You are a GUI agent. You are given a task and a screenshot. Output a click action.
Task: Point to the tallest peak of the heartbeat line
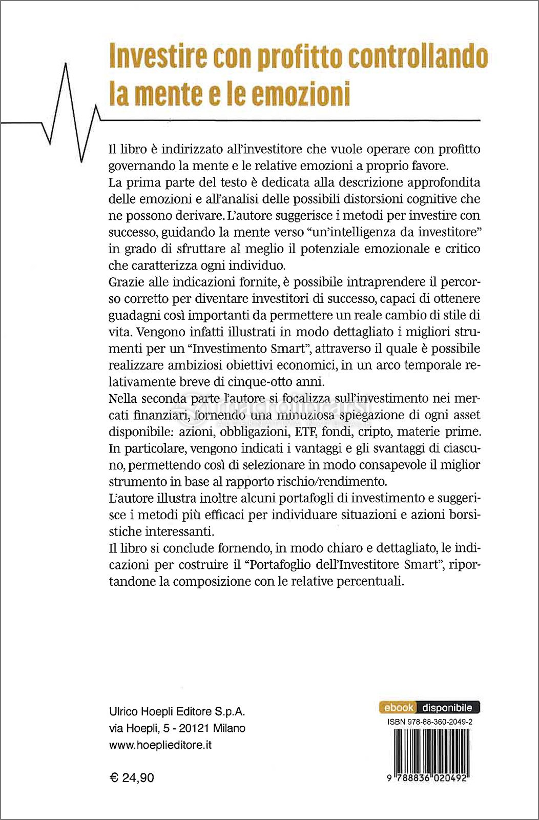coord(66,66)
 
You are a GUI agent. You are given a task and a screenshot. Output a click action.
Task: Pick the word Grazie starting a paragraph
coord(126,282)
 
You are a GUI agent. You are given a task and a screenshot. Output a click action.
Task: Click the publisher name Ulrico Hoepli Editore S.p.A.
coord(177,711)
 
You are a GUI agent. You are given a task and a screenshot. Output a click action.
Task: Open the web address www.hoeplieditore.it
coord(160,745)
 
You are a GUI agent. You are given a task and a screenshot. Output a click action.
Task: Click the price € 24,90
coord(132,778)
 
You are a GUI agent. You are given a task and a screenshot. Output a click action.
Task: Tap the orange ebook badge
coord(398,708)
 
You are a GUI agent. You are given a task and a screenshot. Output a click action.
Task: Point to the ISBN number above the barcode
coord(430,722)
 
